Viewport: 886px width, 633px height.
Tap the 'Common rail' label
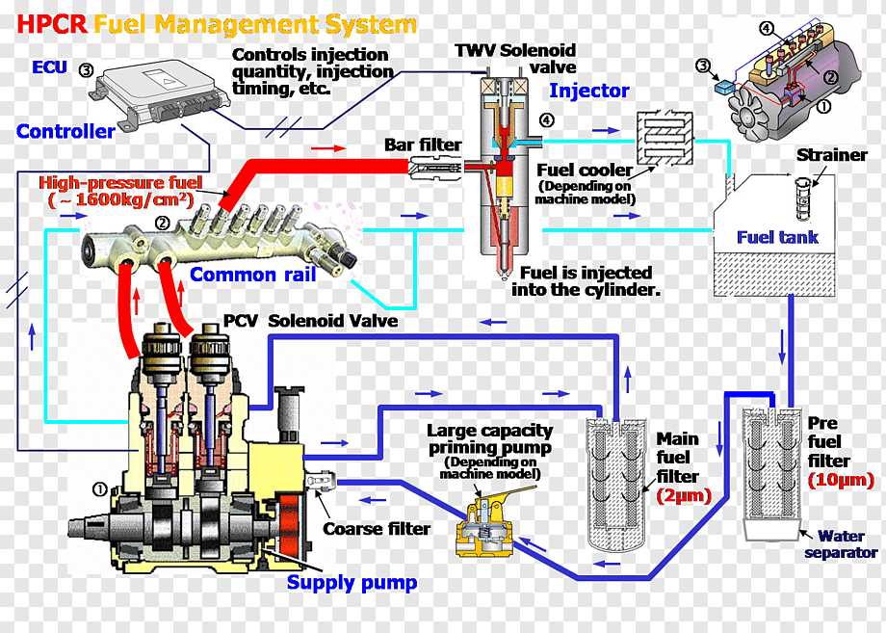click(x=252, y=275)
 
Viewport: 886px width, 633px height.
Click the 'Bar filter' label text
click(x=423, y=145)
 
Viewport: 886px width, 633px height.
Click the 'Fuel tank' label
click(x=777, y=237)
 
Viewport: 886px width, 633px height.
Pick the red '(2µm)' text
click(x=683, y=496)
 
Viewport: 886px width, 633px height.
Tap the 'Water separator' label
click(x=841, y=544)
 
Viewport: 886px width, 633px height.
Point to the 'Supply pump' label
click(x=352, y=582)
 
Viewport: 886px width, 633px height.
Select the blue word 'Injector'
click(x=588, y=92)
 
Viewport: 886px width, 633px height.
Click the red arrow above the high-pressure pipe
click(x=328, y=149)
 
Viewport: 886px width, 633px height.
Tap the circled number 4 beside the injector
click(x=547, y=120)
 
